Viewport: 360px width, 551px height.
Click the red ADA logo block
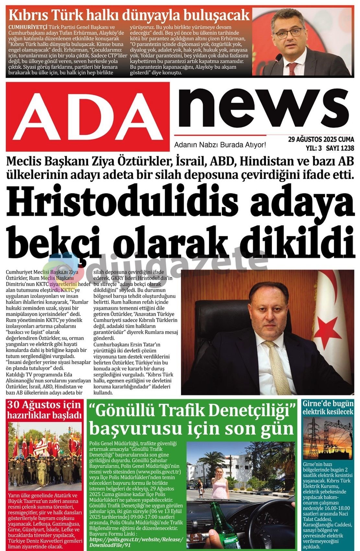pyautogui.click(x=87, y=116)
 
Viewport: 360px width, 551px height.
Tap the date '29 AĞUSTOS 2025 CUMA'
pyautogui.click(x=321, y=140)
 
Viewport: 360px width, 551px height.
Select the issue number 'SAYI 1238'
pyautogui.click(x=340, y=148)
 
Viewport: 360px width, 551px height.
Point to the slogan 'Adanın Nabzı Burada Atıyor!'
pyautogui.click(x=220, y=145)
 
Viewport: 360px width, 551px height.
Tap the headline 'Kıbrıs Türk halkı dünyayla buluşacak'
pyautogui.click(x=129, y=15)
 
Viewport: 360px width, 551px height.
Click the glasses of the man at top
pyautogui.click(x=288, y=32)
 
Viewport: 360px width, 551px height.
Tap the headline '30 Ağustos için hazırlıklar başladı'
pyautogui.click(x=44, y=410)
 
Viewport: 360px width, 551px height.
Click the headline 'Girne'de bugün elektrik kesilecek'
pyautogui.click(x=328, y=407)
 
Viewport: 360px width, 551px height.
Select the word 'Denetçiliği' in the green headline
pyautogui.click(x=251, y=411)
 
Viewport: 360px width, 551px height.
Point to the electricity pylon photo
pyautogui.click(x=328, y=438)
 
